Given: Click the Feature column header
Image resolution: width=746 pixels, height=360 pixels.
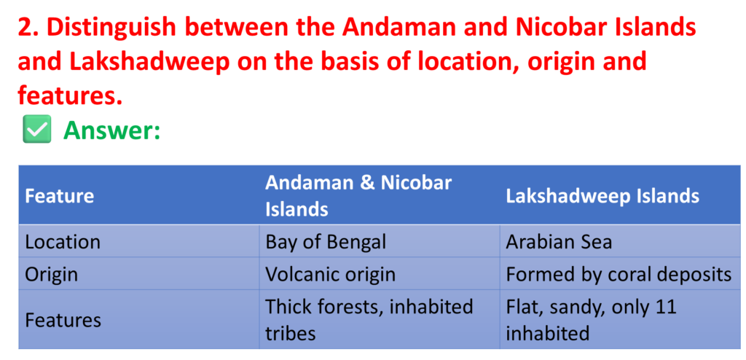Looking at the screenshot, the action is coord(60,196).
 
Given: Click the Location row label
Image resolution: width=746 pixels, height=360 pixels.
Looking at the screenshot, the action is coord(63,242).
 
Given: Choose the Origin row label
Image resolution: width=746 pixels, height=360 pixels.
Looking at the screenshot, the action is coord(51,275).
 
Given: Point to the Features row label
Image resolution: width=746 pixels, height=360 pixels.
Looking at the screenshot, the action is coord(63,320).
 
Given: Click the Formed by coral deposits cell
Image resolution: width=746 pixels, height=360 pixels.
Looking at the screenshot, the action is coord(619,275).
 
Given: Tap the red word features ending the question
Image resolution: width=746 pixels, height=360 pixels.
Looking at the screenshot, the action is coord(70,97).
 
